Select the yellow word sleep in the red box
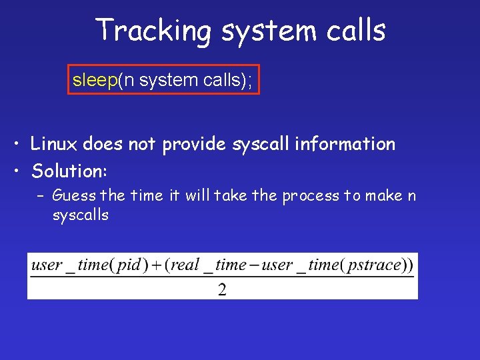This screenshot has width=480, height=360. click(95, 81)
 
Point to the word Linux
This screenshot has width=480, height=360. click(54, 143)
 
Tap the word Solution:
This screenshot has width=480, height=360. click(69, 171)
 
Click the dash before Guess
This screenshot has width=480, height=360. click(41, 196)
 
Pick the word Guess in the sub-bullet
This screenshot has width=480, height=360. click(73, 196)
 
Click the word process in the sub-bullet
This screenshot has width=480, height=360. click(310, 196)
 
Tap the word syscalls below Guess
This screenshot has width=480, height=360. click(80, 215)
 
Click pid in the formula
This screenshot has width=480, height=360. click(128, 265)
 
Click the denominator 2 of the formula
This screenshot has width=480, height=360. click(222, 289)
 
